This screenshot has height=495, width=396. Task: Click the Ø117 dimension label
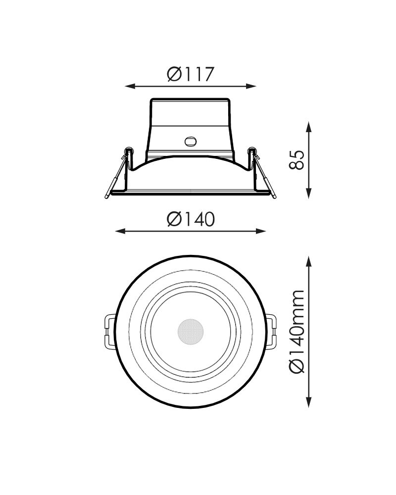point(191,74)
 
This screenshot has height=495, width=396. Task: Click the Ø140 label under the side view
point(191,219)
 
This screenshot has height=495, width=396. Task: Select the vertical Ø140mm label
point(297,332)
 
